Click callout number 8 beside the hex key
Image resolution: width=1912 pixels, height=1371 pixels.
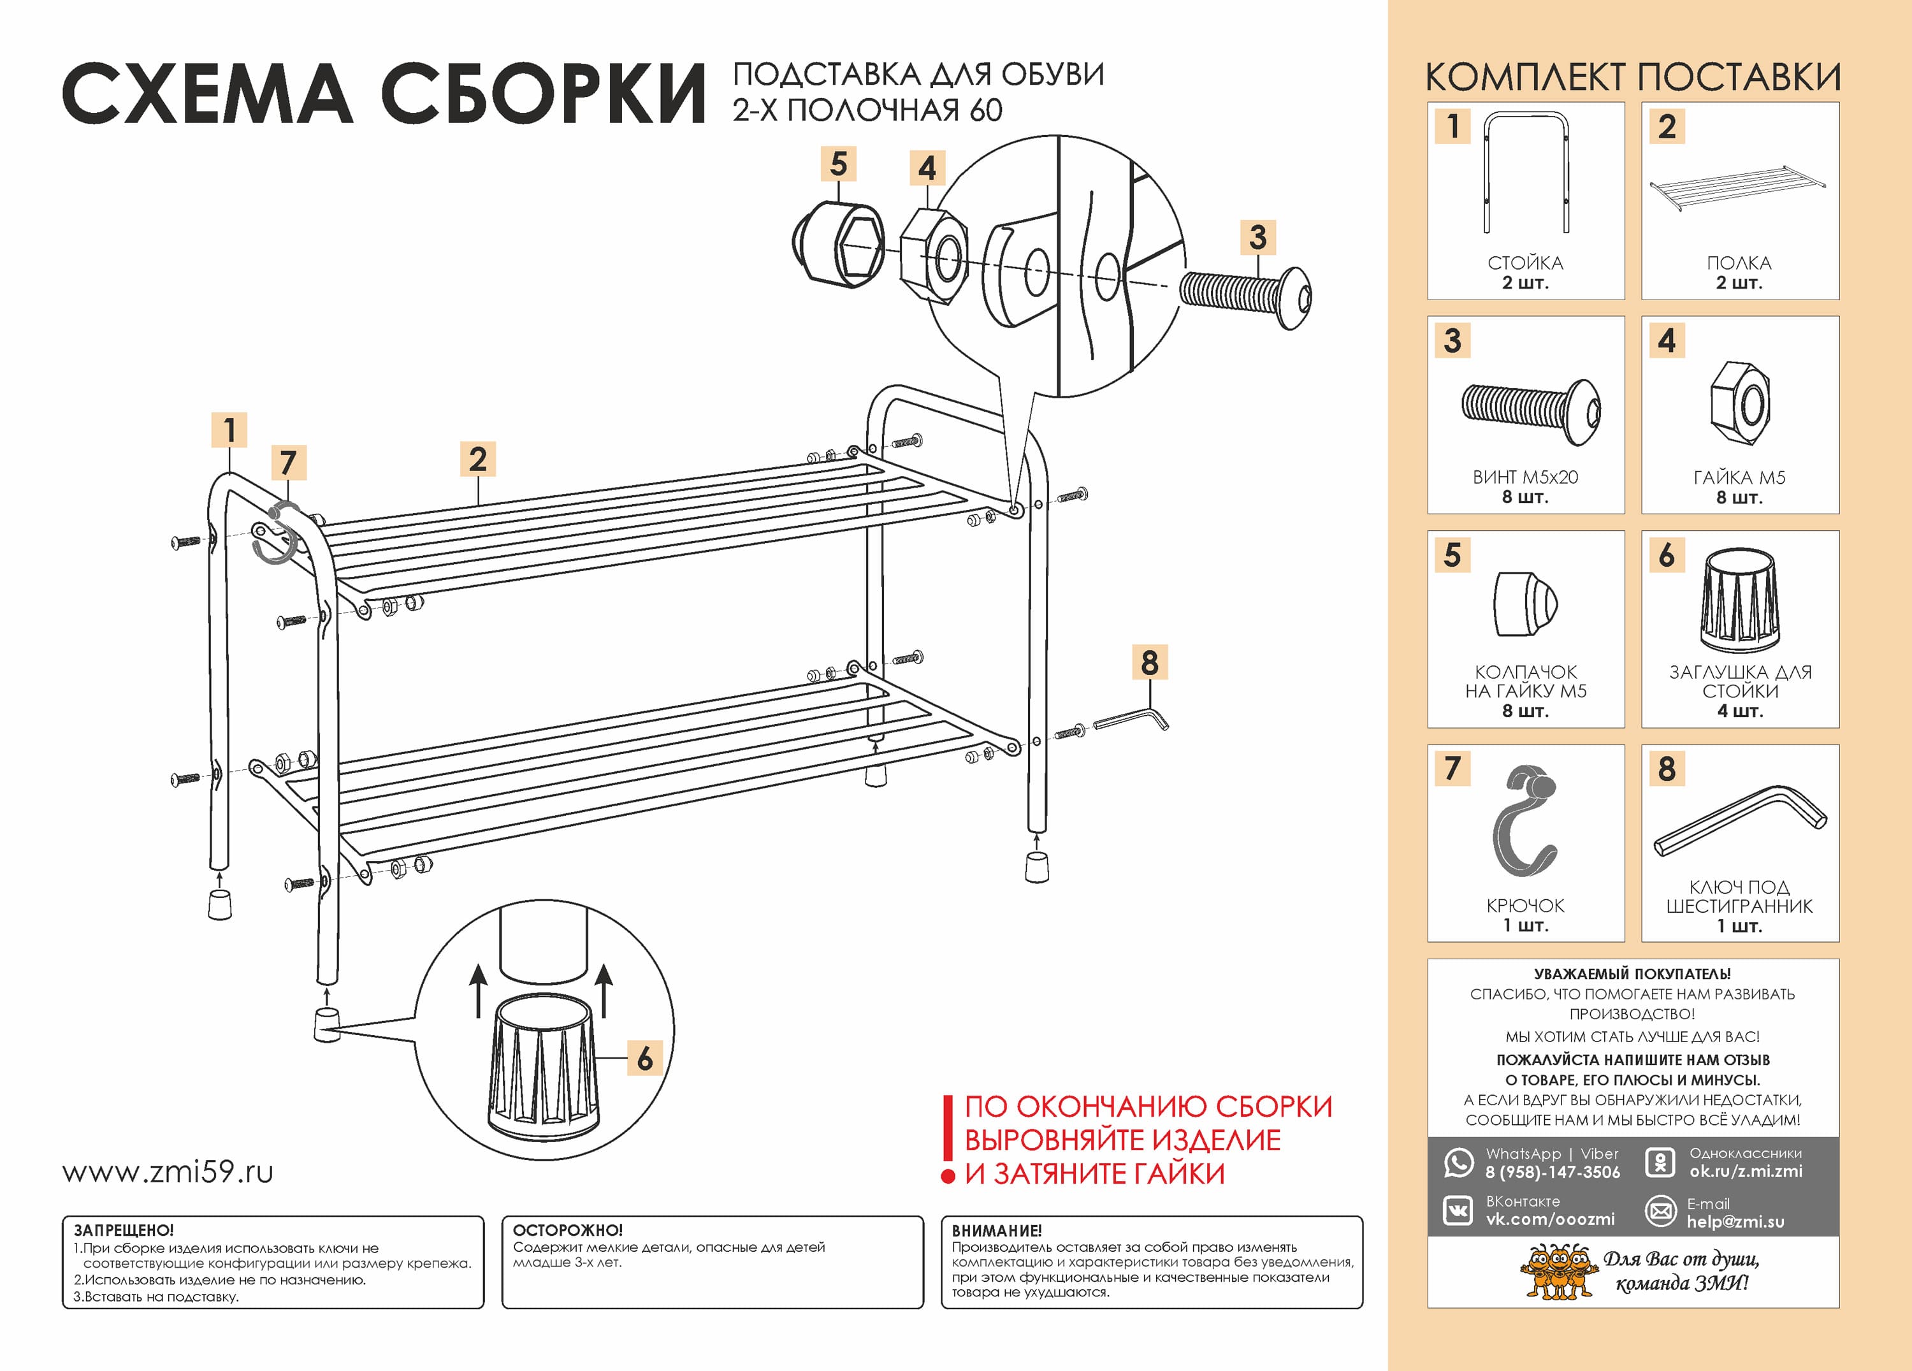tap(1149, 663)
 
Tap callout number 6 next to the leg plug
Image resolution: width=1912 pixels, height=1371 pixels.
tap(645, 1057)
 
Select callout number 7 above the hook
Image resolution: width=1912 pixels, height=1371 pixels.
tap(288, 462)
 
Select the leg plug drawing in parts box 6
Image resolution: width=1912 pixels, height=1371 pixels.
tap(1740, 600)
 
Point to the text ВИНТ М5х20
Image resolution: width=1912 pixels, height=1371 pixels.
tap(1525, 477)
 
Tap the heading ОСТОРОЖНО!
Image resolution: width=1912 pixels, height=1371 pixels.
tap(567, 1230)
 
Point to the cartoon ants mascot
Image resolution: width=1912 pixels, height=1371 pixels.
tap(1559, 1271)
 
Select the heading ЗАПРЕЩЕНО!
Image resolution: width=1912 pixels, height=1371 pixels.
tap(124, 1230)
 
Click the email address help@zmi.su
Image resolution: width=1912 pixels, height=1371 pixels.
tap(1735, 1222)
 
